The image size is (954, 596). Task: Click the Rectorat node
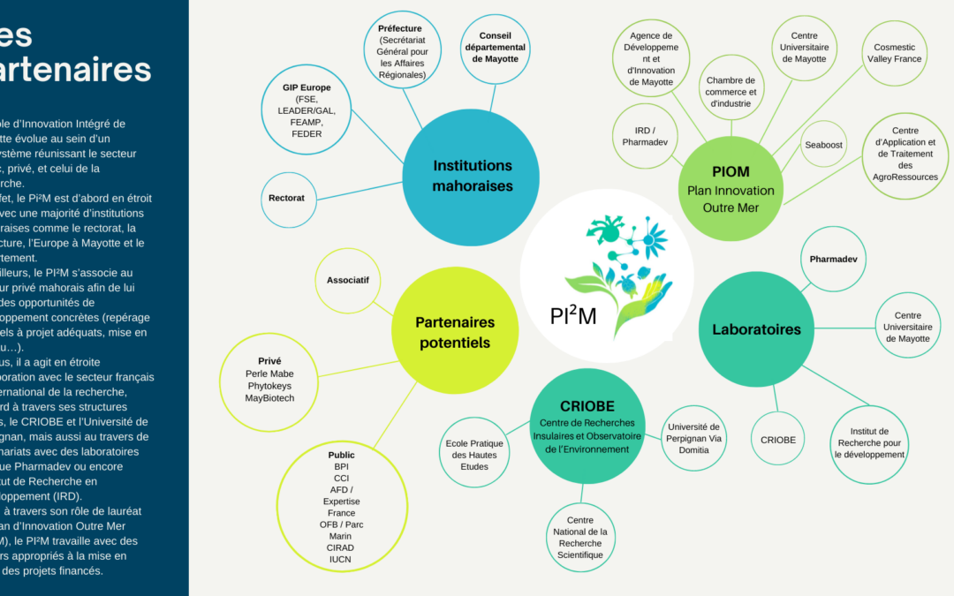(x=286, y=198)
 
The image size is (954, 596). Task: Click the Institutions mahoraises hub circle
(x=472, y=175)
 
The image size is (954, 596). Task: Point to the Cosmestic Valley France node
(x=894, y=53)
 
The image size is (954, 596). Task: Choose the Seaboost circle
(x=823, y=145)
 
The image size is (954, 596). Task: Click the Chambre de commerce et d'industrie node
(x=731, y=92)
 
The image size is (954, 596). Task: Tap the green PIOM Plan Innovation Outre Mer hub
(x=731, y=189)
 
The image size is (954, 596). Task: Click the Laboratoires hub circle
(x=756, y=329)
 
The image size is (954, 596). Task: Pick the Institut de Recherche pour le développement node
(x=871, y=442)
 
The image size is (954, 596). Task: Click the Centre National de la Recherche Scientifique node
(x=579, y=537)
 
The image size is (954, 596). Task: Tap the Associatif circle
(x=348, y=280)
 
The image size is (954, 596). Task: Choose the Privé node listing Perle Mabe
(x=269, y=380)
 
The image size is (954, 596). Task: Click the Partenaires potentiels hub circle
(x=455, y=332)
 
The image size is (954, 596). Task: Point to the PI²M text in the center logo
(x=572, y=314)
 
